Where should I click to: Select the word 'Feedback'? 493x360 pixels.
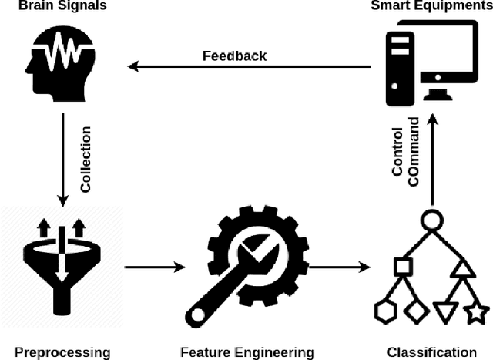point(234,56)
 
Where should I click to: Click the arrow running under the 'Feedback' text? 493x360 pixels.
point(250,67)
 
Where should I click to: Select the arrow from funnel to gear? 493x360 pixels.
point(154,267)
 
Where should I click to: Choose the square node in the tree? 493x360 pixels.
point(401,267)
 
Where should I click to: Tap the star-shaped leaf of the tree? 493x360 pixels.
point(476,312)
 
